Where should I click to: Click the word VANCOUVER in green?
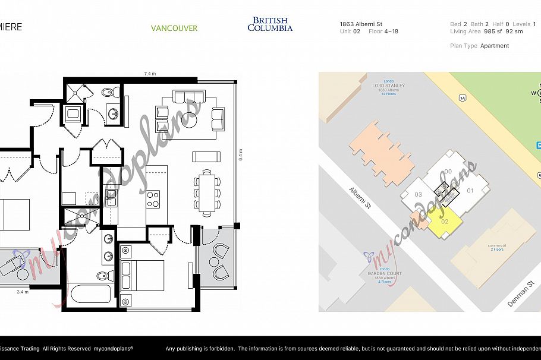[x=174, y=28]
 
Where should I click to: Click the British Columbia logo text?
[x=270, y=24]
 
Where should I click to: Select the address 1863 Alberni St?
[x=361, y=24]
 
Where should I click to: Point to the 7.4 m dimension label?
[x=150, y=74]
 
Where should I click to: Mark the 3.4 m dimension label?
[x=23, y=292]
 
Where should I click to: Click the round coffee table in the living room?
[x=190, y=120]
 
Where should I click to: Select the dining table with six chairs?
[x=207, y=192]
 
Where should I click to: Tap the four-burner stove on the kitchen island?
[x=153, y=198]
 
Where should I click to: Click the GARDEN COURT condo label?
[x=385, y=275]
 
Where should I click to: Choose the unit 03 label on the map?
[x=418, y=194]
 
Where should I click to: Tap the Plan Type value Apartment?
[x=495, y=46]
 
